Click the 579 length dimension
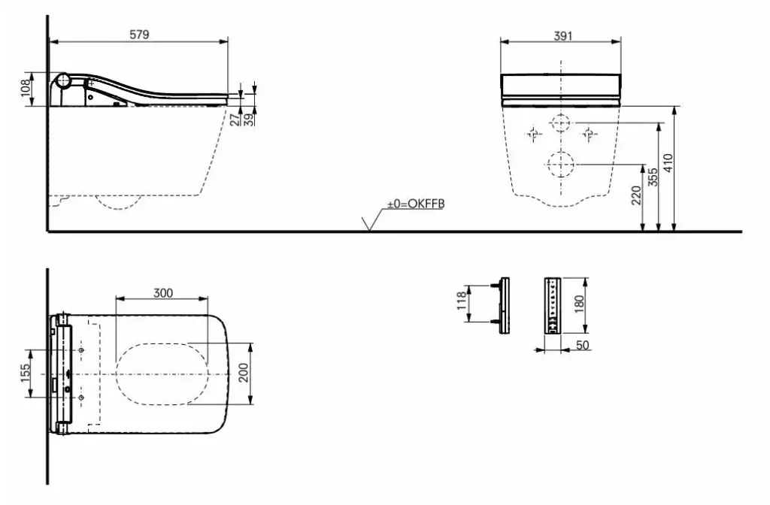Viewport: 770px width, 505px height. pyautogui.click(x=139, y=35)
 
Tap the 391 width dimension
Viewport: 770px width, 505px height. pyautogui.click(x=562, y=36)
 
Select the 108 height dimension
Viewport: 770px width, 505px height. pyautogui.click(x=26, y=89)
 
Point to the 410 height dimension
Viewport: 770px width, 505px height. pyautogui.click(x=668, y=163)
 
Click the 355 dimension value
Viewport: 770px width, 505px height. pyautogui.click(x=653, y=177)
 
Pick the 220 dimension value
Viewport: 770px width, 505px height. pyautogui.click(x=636, y=195)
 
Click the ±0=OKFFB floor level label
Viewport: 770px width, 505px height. pyautogui.click(x=415, y=204)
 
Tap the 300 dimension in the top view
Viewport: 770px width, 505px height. pyautogui.click(x=163, y=293)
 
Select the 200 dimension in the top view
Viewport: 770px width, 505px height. pyautogui.click(x=244, y=373)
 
